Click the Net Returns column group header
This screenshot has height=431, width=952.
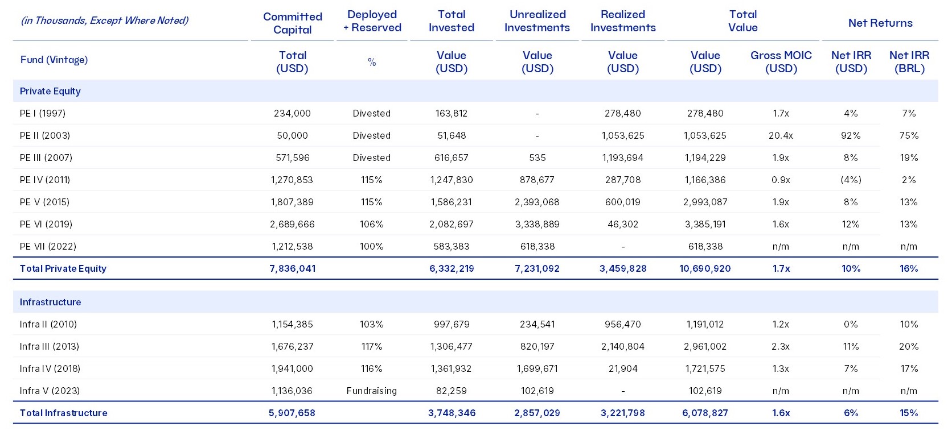pyautogui.click(x=880, y=23)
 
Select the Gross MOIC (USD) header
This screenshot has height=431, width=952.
pyautogui.click(x=781, y=61)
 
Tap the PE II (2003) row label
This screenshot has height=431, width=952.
pyautogui.click(x=45, y=135)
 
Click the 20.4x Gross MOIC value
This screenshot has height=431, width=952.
pyautogui.click(x=781, y=135)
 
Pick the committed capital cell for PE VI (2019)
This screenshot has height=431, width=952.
pyautogui.click(x=292, y=224)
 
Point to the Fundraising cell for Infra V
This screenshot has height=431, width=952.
pyautogui.click(x=371, y=391)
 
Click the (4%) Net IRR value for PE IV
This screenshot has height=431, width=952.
pyautogui.click(x=851, y=180)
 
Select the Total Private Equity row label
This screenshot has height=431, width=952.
pyautogui.click(x=63, y=268)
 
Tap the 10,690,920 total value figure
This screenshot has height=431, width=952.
pyautogui.click(x=705, y=268)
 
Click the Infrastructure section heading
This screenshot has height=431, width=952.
pyautogui.click(x=50, y=302)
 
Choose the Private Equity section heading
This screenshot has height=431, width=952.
pyautogui.click(x=50, y=91)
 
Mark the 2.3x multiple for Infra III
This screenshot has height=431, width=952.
pyautogui.click(x=781, y=346)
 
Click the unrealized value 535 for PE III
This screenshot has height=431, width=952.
pyautogui.click(x=537, y=158)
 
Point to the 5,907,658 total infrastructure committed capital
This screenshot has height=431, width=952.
pyautogui.click(x=292, y=413)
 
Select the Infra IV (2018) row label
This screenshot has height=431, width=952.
pyautogui.click(x=50, y=368)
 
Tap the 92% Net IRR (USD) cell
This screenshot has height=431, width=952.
pyautogui.click(x=851, y=135)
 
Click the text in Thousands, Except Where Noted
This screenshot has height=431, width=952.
pyautogui.click(x=105, y=20)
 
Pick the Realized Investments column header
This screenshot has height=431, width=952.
pyautogui.click(x=623, y=21)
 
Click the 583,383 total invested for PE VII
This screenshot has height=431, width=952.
pyautogui.click(x=452, y=246)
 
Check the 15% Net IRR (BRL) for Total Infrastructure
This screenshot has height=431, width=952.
pyautogui.click(x=909, y=413)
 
